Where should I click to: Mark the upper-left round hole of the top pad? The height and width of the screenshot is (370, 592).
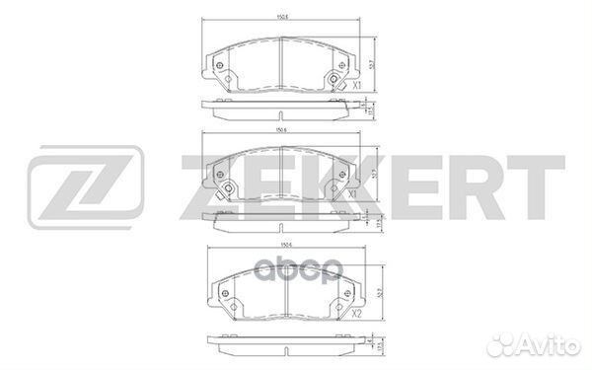pyautogui.click(x=219, y=64)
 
